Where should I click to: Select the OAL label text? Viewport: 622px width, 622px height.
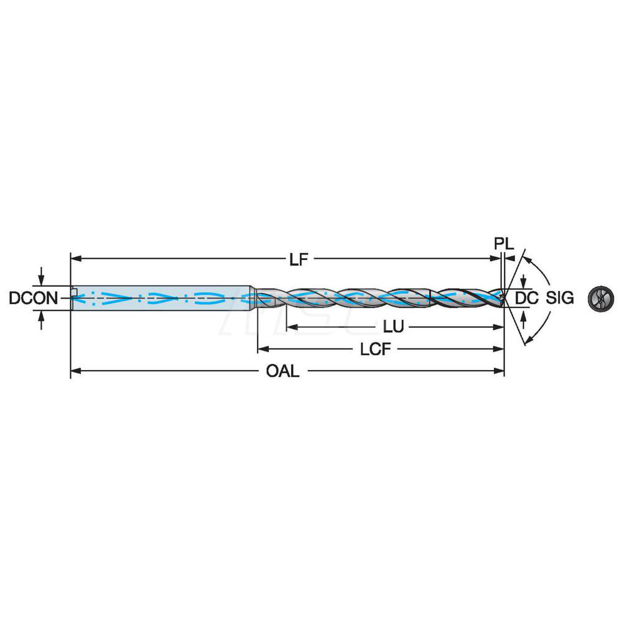pyautogui.click(x=283, y=371)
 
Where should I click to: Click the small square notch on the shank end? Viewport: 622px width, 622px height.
pyautogui.click(x=73, y=291)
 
